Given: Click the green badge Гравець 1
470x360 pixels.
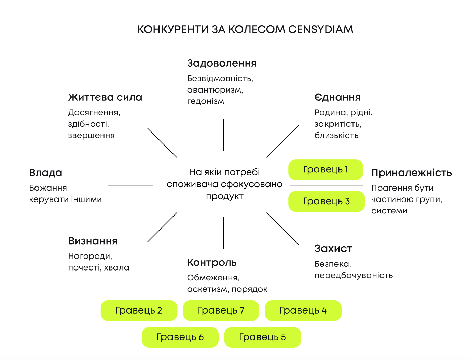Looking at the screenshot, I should click(x=326, y=169).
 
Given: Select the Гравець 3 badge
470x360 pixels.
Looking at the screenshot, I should click(x=327, y=201).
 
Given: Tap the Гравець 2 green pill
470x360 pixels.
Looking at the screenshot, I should click(x=139, y=310).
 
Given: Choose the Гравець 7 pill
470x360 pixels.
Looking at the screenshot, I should click(x=221, y=310).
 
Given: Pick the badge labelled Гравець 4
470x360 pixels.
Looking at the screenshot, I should click(x=303, y=310).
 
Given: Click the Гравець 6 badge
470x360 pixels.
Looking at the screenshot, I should click(x=180, y=337).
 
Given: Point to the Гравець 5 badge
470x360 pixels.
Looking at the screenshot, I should click(x=262, y=337).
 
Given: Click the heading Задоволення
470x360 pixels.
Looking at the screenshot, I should click(x=222, y=63).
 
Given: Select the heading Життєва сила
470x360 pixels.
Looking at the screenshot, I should click(x=105, y=97).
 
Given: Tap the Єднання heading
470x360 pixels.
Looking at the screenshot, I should click(x=337, y=97).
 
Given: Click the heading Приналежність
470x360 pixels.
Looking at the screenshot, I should click(x=411, y=173).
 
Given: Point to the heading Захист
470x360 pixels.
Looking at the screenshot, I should click(x=333, y=249).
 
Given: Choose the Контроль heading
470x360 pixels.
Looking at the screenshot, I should click(x=212, y=263).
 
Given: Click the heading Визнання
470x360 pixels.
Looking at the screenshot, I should click(x=93, y=241).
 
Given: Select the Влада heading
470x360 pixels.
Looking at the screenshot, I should click(x=46, y=173).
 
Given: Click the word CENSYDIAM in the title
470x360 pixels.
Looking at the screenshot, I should click(x=320, y=30).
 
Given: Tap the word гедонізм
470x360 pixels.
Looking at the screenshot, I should click(x=205, y=101).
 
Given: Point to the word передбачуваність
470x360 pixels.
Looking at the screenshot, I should click(x=354, y=275).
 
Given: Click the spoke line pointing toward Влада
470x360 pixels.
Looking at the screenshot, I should click(x=130, y=185).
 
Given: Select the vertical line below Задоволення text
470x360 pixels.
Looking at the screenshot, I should click(x=223, y=135).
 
